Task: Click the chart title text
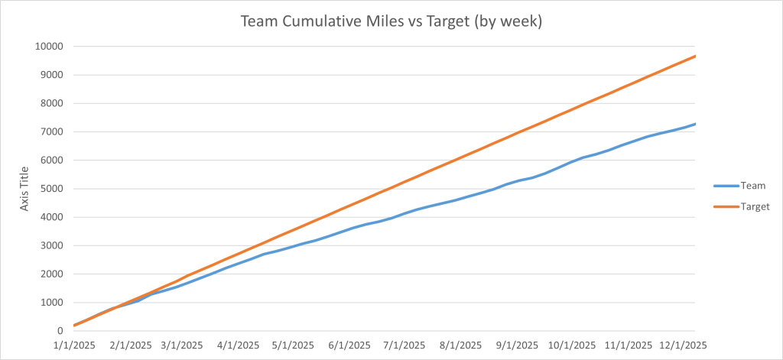(x=391, y=21)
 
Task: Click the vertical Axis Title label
(x=24, y=188)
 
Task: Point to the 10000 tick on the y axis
(x=48, y=47)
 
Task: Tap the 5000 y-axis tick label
(x=51, y=189)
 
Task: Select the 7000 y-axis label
(x=51, y=131)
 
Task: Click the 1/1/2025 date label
(x=73, y=345)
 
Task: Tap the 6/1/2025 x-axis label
(x=349, y=345)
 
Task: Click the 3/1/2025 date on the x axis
(x=181, y=345)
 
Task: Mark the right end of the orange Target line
(x=695, y=56)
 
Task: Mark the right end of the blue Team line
(x=695, y=124)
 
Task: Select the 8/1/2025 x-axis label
(x=460, y=345)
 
